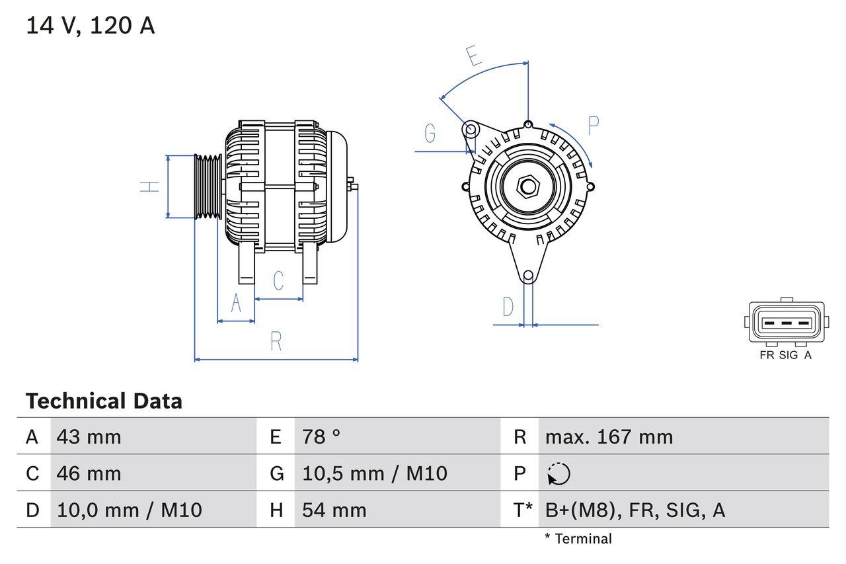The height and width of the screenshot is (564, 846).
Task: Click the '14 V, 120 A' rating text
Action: tap(90, 26)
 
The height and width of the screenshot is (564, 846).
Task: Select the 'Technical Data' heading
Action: tap(104, 401)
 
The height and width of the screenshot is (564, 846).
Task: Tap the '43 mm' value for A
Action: tap(89, 437)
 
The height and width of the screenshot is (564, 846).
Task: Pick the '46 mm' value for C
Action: tap(89, 473)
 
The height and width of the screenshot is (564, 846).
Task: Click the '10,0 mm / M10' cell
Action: tap(130, 510)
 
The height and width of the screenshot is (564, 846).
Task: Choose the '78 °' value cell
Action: tap(321, 437)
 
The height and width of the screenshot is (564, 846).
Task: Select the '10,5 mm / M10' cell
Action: tap(374, 473)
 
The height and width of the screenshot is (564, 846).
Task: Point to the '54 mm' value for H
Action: tap(334, 510)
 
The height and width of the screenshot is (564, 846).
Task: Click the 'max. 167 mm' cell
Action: tap(609, 437)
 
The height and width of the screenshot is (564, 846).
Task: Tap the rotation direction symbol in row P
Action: tap(558, 473)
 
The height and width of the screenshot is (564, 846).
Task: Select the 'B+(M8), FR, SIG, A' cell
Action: tap(634, 510)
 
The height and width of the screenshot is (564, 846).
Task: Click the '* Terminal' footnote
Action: tap(578, 539)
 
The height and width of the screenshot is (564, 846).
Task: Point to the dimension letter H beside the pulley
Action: tap(151, 186)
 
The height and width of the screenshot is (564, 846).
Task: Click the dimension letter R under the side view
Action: tap(276, 341)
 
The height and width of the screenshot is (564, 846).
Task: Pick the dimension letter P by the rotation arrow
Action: tap(593, 126)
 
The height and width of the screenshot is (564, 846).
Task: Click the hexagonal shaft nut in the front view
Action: tap(527, 186)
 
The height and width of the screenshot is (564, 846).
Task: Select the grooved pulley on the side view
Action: tap(208, 186)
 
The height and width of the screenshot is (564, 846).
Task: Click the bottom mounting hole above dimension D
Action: tap(528, 276)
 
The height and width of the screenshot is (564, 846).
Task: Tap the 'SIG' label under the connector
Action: tap(788, 355)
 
